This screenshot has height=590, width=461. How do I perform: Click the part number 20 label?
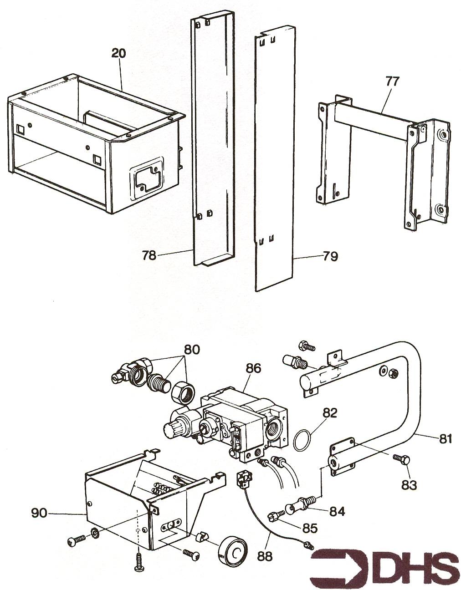pyautogui.click(x=119, y=53)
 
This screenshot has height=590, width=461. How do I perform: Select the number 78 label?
pyautogui.click(x=149, y=255)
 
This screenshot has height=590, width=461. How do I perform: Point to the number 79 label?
pyautogui.click(x=330, y=256)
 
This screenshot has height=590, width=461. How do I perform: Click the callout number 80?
pyautogui.click(x=192, y=350)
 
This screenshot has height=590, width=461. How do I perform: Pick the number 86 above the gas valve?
pyautogui.click(x=253, y=368)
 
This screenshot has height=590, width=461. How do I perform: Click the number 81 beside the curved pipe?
pyautogui.click(x=445, y=438)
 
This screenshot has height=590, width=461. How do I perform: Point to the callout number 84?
pyautogui.click(x=337, y=511)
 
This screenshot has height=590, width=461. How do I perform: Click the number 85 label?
pyautogui.click(x=310, y=528)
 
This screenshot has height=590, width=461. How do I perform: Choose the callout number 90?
pyautogui.click(x=39, y=514)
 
